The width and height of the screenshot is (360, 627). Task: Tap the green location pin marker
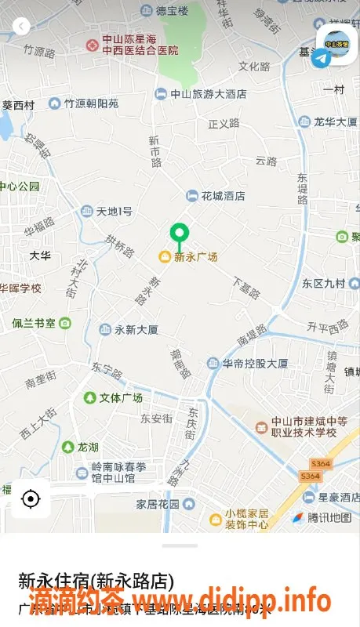[x=180, y=234]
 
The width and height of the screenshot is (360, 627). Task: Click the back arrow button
[x=21, y=27]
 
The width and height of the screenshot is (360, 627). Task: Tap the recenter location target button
[x=31, y=498]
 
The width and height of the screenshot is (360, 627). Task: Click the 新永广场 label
[x=195, y=257]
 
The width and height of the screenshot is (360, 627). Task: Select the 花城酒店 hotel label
[x=223, y=196]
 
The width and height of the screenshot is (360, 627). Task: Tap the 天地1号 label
[x=114, y=212]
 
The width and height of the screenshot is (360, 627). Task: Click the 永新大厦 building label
[x=136, y=330]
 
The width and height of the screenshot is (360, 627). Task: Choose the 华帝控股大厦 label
[x=255, y=364]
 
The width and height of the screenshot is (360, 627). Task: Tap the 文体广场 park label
[x=121, y=398]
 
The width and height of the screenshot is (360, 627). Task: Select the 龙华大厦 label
[x=335, y=121]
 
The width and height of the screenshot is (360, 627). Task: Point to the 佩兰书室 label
[x=34, y=323]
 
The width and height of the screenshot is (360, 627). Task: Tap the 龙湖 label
[x=88, y=448]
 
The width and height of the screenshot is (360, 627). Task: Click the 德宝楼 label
[x=172, y=11]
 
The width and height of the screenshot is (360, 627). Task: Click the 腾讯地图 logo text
[x=329, y=518]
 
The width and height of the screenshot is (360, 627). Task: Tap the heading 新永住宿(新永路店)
[x=96, y=582]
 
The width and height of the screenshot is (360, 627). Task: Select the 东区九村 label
[x=324, y=284]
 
